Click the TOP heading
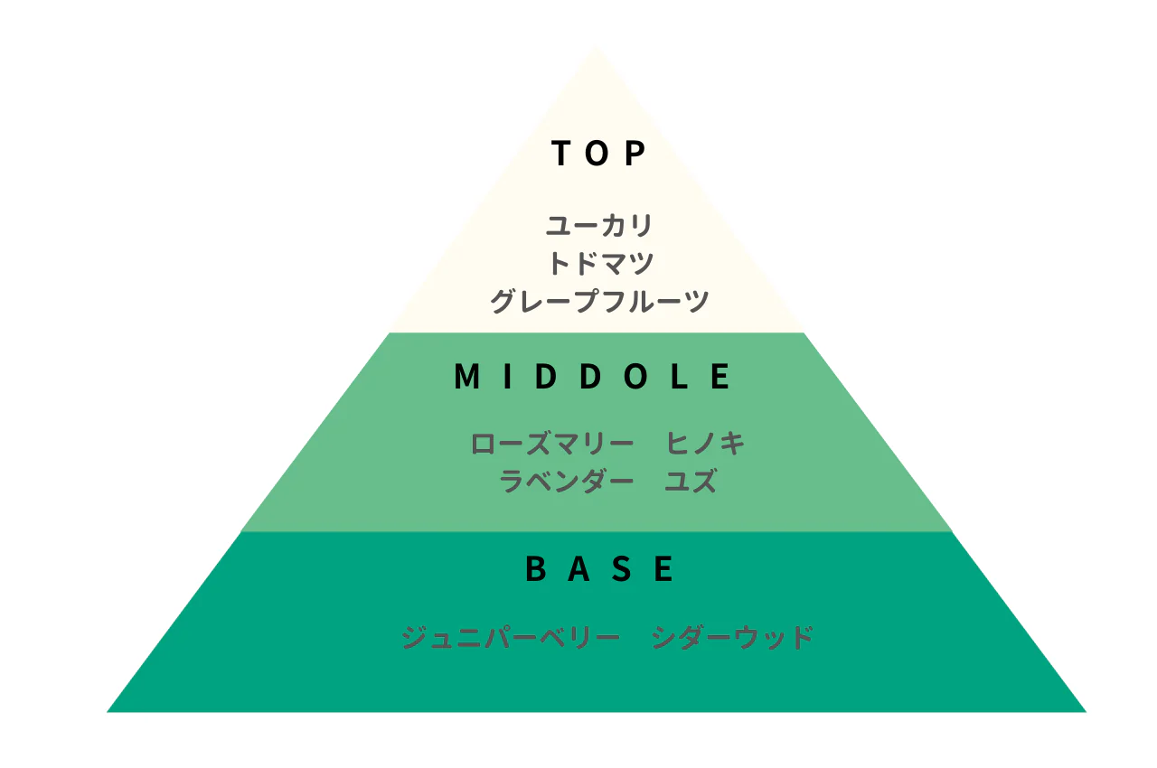598,153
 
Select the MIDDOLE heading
592,376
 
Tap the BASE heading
599,568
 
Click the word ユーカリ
599,226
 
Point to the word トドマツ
601,263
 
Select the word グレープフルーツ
599,301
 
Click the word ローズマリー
551,444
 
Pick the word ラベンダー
566,481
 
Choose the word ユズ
691,481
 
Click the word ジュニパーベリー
511,637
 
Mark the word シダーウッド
732,637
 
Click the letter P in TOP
635,153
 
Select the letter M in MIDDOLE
466,376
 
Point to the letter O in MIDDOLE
635,376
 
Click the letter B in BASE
536,568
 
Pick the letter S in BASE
621,568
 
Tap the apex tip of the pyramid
596,47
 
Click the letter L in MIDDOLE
679,376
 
